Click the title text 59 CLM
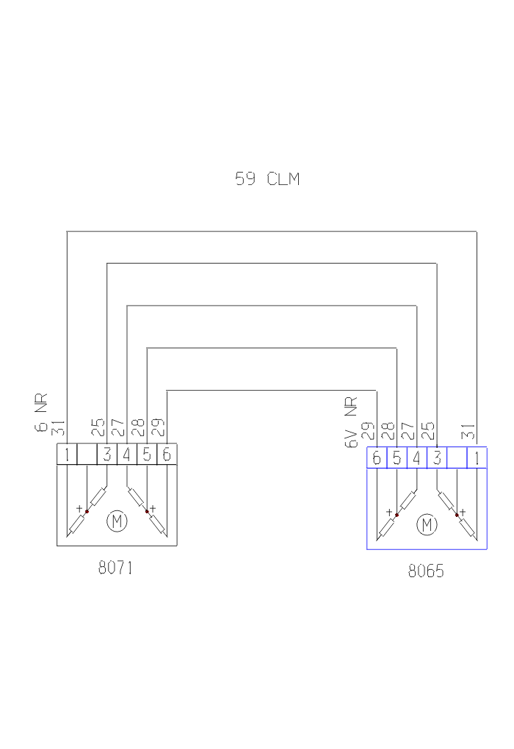point(267,179)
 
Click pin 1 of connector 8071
point(67,455)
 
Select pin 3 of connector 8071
point(107,455)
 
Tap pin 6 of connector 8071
point(167,455)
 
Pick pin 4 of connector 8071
point(126,455)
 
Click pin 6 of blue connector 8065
point(377,458)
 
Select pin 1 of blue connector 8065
point(477,458)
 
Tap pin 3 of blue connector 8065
point(437,458)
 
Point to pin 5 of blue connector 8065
point(397,458)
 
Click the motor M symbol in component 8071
point(117,521)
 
